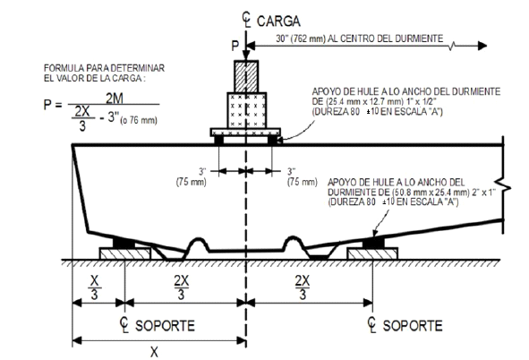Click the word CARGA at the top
point(278,21)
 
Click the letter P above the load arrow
point(235,46)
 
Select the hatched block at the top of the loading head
point(246,76)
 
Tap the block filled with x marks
point(247,110)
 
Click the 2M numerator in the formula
point(115,99)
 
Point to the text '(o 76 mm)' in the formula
point(139,120)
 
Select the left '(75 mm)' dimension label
point(191,182)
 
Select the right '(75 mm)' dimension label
point(303,182)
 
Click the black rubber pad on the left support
point(124,243)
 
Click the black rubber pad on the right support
point(373,243)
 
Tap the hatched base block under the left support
point(125,253)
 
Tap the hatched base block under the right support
point(372,253)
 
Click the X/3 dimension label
point(95,287)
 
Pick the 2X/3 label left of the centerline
point(182,287)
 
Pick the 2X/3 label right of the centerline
point(303,287)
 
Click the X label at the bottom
point(154,352)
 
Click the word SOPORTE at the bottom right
point(413,326)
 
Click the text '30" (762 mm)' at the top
point(302,39)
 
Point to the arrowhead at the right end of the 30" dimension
point(482,46)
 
